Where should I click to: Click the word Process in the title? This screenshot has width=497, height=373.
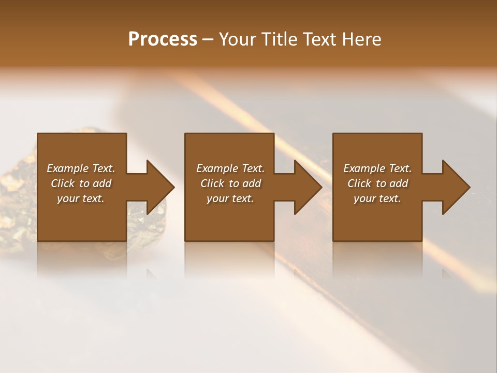click(163, 39)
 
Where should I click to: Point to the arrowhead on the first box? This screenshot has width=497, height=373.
click(157, 187)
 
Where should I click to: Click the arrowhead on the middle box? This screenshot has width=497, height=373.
click(305, 187)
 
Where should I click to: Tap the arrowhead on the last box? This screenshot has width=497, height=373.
click(454, 187)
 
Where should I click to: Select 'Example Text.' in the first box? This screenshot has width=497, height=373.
click(81, 168)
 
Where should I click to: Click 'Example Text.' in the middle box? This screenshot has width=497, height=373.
click(230, 168)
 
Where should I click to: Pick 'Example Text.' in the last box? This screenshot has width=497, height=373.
click(377, 168)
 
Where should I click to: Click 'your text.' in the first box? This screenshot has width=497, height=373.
click(81, 198)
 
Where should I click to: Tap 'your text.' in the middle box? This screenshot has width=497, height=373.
click(230, 198)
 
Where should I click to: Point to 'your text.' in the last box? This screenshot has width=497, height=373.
click(377, 198)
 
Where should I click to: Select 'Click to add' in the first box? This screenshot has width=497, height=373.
click(81, 183)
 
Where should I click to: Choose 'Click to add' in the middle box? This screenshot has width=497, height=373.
click(230, 183)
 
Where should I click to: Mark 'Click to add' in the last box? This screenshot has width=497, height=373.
click(377, 183)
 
